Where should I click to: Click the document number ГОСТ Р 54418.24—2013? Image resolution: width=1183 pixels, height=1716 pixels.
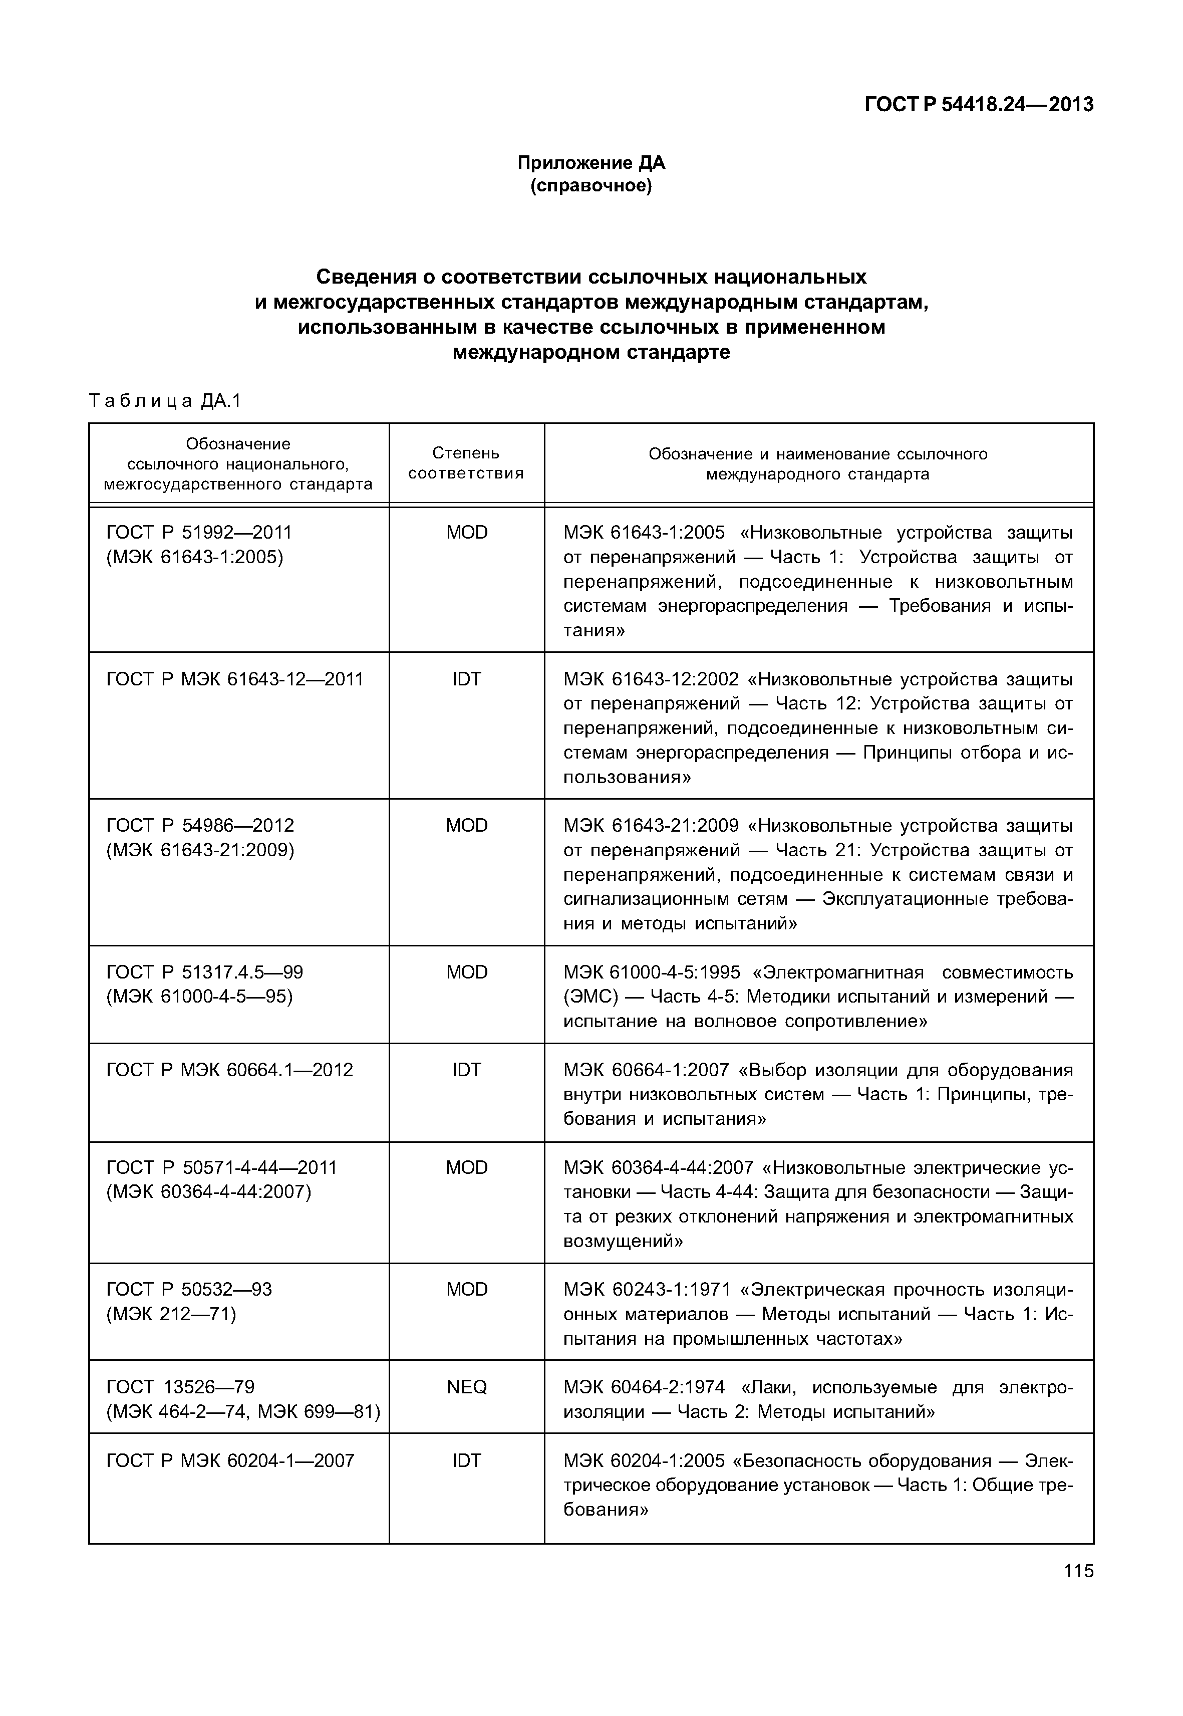(979, 105)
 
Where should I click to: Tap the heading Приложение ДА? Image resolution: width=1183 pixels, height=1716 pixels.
(591, 162)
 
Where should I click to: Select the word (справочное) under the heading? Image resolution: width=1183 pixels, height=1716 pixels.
(591, 185)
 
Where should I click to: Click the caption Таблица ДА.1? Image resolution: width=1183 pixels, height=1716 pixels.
(165, 401)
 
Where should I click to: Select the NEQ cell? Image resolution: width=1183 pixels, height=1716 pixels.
(466, 1387)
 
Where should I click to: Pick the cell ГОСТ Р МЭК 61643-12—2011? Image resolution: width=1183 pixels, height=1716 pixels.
(235, 679)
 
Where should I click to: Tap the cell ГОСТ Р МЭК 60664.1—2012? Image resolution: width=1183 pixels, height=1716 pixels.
(230, 1070)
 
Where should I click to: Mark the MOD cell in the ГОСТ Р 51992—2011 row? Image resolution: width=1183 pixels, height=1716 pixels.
(466, 533)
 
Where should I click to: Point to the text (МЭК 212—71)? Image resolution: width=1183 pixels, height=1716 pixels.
(171, 1314)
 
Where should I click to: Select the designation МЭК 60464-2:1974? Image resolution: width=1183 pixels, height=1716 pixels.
(644, 1387)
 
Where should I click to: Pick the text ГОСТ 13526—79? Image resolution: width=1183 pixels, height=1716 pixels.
(180, 1387)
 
